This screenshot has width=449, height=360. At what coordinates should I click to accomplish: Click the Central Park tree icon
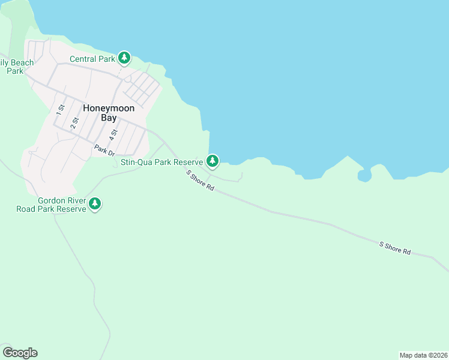124,58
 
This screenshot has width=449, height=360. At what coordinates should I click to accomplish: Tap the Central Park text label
92,59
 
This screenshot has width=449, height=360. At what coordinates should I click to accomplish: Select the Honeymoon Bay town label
108,113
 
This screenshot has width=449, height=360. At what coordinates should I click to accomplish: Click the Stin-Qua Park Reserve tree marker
212,161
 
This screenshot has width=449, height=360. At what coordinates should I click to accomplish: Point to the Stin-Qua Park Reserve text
162,161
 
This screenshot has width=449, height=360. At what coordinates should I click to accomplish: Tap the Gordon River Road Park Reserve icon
95,204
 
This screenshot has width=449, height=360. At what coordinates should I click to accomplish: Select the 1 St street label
60,109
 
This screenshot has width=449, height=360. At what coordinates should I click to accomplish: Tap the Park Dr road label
104,150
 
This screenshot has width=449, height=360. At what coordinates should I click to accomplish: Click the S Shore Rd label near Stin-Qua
200,180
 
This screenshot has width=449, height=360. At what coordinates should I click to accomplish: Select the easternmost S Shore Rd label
394,248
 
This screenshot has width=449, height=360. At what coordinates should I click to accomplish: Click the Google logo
20,353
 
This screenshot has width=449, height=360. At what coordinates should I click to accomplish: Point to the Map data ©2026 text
423,355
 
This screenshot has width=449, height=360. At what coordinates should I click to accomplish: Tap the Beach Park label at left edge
12,67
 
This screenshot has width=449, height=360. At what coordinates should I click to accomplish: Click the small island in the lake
364,175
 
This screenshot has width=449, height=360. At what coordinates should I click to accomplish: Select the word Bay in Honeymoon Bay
108,118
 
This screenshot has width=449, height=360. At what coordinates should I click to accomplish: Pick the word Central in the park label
83,59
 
